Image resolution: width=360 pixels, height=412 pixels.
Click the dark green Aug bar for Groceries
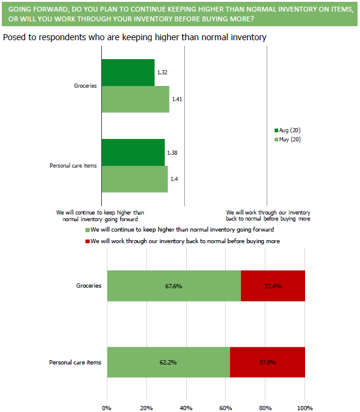tap(128, 73)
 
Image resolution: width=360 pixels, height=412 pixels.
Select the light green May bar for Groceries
tap(135, 99)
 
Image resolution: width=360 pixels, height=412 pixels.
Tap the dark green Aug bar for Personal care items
tap(133, 152)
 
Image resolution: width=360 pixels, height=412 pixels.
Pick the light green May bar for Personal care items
tap(135, 179)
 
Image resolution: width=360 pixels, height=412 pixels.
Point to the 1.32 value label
tap(162, 73)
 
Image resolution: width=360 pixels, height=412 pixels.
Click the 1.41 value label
tap(177, 99)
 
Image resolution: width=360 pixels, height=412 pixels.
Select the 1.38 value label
tap(172, 152)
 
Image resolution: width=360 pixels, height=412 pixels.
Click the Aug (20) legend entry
tap(287, 130)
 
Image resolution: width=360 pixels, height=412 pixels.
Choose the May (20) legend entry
tap(287, 140)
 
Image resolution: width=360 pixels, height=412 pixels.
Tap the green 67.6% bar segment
tap(174, 286)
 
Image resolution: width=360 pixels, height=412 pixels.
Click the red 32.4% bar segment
tap(273, 286)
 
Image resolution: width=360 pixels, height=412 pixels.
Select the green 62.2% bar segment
tap(168, 363)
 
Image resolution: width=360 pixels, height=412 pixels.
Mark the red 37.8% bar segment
tap(267, 363)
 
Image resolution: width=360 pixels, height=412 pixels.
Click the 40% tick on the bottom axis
tap(186, 408)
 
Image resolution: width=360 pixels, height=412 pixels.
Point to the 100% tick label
tap(304, 408)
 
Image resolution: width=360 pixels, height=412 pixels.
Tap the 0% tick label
tap(107, 408)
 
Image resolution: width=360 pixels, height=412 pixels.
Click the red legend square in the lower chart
tap(87, 241)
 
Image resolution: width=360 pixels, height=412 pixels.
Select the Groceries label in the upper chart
tap(85, 86)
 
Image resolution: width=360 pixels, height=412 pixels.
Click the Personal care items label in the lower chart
tap(75, 363)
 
